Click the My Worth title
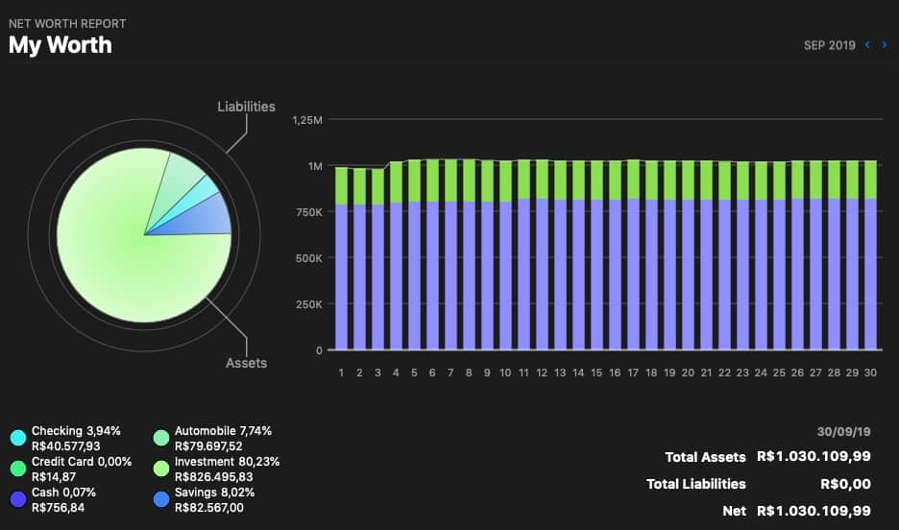[61, 44]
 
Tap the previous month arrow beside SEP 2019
[868, 44]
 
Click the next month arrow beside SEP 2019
[883, 44]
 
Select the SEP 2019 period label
[829, 45]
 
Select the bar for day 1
[341, 259]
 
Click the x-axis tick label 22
[724, 373]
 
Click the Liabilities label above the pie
[246, 107]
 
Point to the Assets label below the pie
[246, 363]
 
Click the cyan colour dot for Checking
[17, 438]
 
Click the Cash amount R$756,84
[58, 507]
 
